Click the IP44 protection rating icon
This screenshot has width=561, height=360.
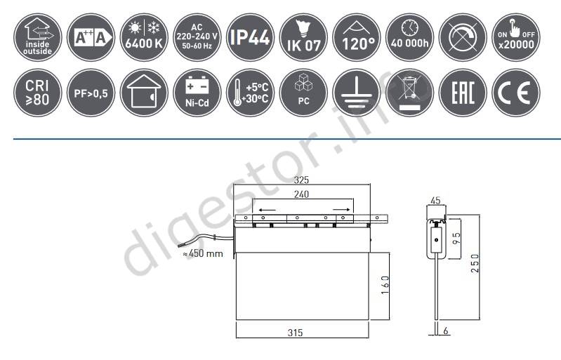click(x=250, y=37)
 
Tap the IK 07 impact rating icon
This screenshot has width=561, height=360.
click(x=303, y=37)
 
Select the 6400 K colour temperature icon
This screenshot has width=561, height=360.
click(x=144, y=37)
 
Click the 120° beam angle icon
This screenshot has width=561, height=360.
click(x=357, y=37)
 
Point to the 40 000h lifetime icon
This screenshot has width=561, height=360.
click(x=409, y=37)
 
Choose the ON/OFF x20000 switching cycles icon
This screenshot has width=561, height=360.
click(x=516, y=37)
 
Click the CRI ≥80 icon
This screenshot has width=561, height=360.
click(x=38, y=93)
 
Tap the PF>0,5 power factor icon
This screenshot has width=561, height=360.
click(x=91, y=93)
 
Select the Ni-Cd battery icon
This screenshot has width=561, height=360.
click(x=197, y=93)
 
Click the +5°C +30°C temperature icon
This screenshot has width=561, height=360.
click(x=250, y=93)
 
